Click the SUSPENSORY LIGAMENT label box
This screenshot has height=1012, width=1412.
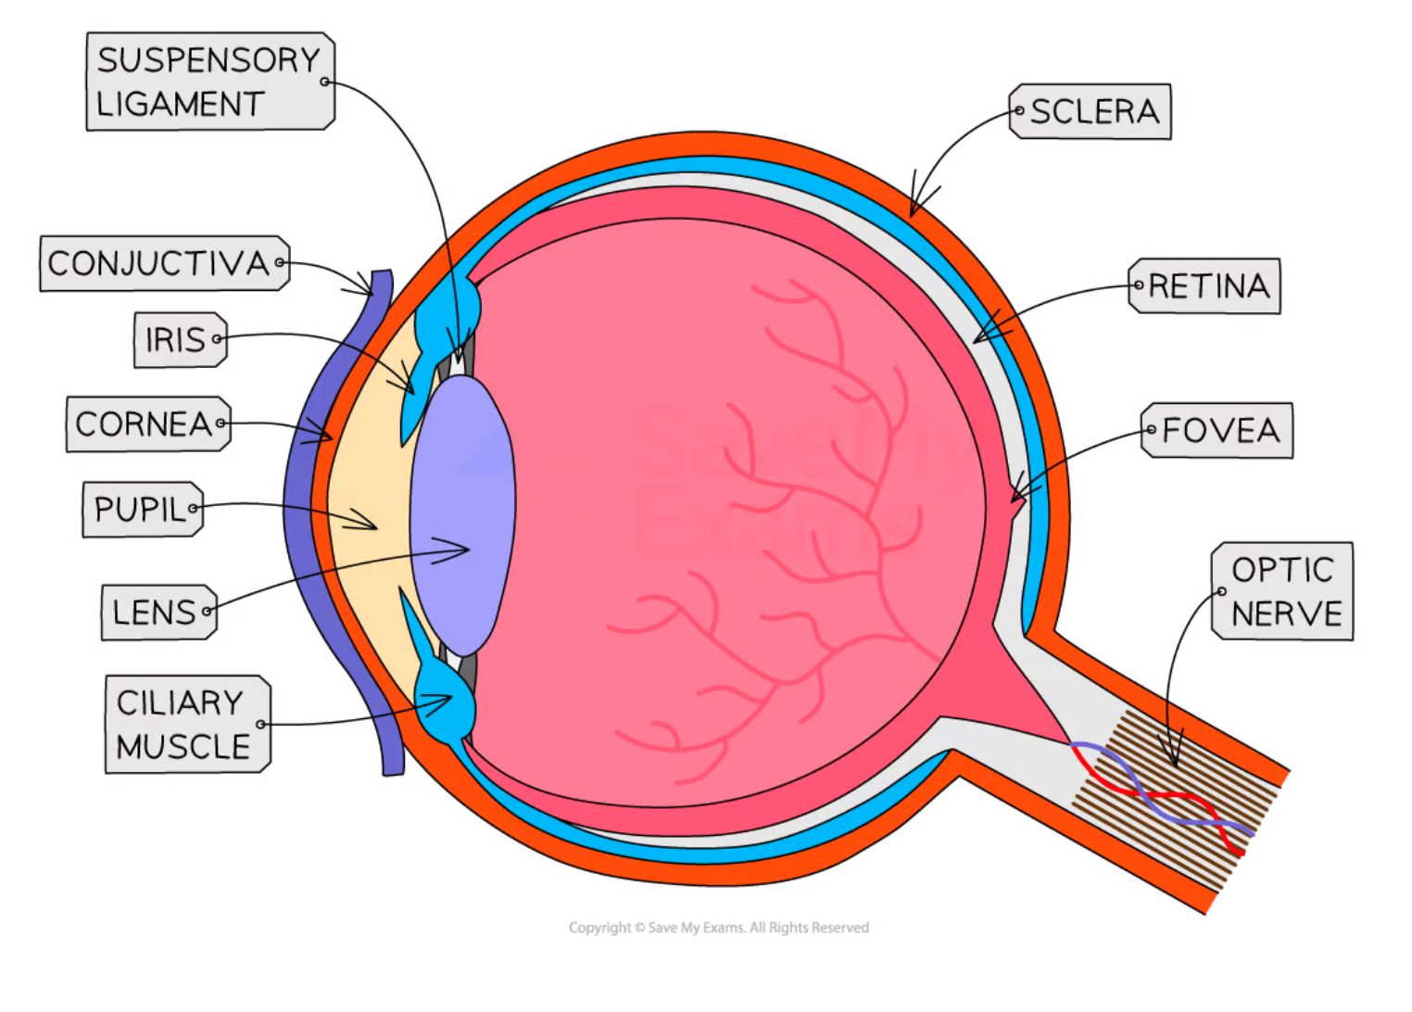coord(210,82)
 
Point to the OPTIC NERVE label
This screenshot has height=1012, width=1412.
coord(1282,591)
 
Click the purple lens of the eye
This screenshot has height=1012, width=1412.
coord(462,514)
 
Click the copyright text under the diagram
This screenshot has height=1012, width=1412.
coord(718,928)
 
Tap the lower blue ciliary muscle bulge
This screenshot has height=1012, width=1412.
coord(446,709)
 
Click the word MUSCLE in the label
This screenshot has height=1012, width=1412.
coord(183,746)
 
